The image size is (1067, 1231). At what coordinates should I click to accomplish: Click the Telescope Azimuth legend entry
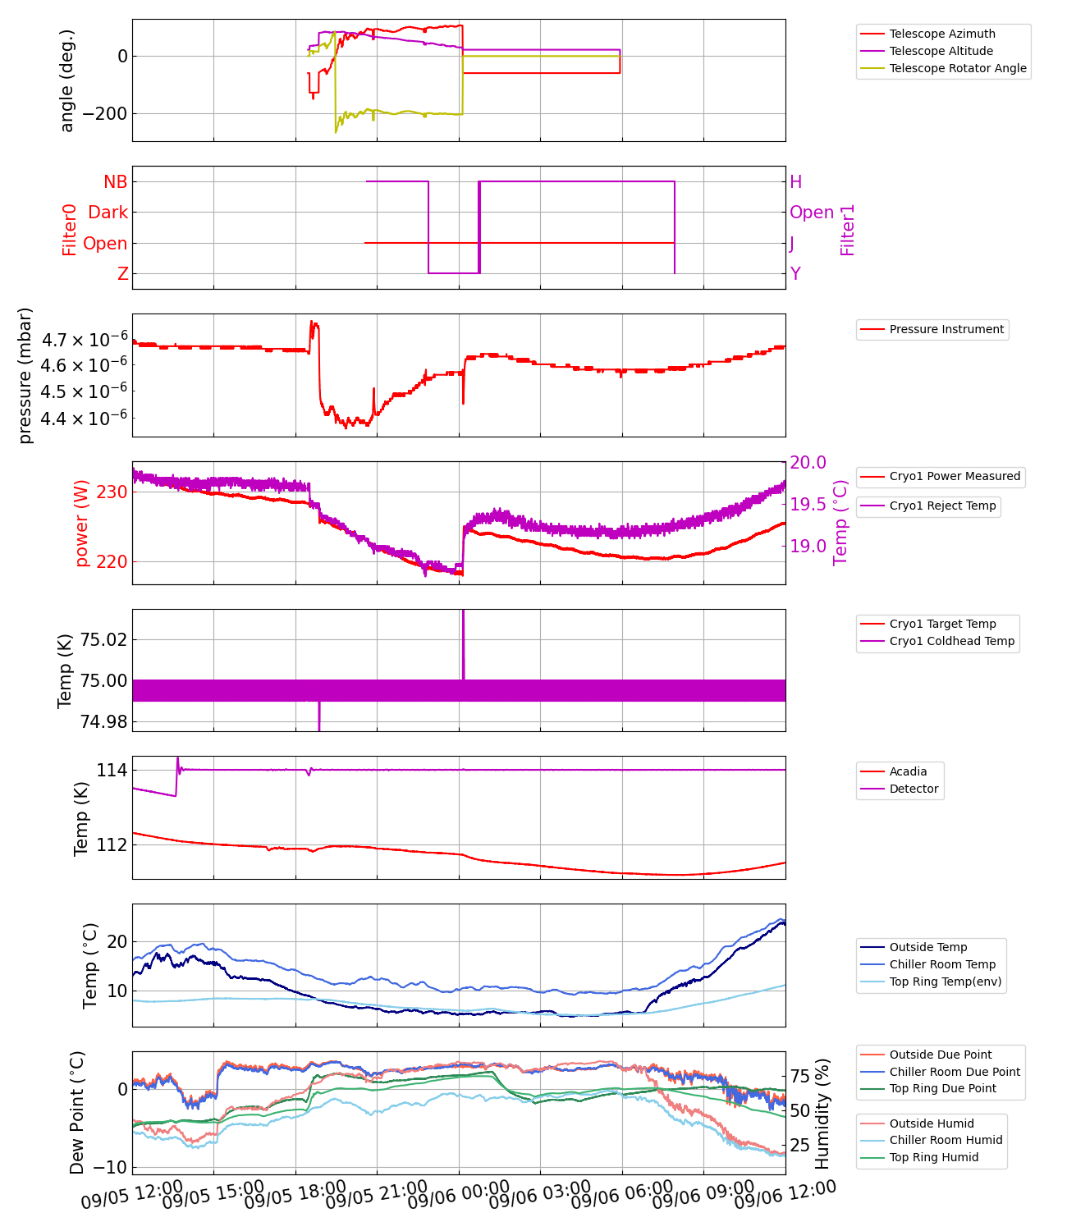(x=942, y=34)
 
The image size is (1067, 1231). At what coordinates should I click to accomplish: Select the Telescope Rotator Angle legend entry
(x=958, y=68)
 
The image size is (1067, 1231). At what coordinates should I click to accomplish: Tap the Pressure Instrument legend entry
(x=946, y=329)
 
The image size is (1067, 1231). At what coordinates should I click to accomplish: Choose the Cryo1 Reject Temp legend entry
(x=942, y=506)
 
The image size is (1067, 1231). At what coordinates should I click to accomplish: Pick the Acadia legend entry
(x=908, y=771)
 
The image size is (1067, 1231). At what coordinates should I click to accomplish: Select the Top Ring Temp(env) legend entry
(x=946, y=982)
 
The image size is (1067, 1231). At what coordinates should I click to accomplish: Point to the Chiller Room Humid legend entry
(x=946, y=1140)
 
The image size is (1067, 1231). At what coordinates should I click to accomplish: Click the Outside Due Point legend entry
(x=941, y=1055)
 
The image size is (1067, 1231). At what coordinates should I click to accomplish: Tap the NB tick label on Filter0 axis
(x=115, y=182)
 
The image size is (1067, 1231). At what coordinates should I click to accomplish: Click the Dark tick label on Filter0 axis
(x=108, y=213)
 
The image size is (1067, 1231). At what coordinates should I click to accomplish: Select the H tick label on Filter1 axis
(x=795, y=182)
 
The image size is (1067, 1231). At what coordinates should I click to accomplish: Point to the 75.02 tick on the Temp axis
(x=103, y=640)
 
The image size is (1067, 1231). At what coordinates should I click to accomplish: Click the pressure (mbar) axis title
(x=25, y=375)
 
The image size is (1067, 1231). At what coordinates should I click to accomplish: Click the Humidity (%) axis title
(x=822, y=1113)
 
